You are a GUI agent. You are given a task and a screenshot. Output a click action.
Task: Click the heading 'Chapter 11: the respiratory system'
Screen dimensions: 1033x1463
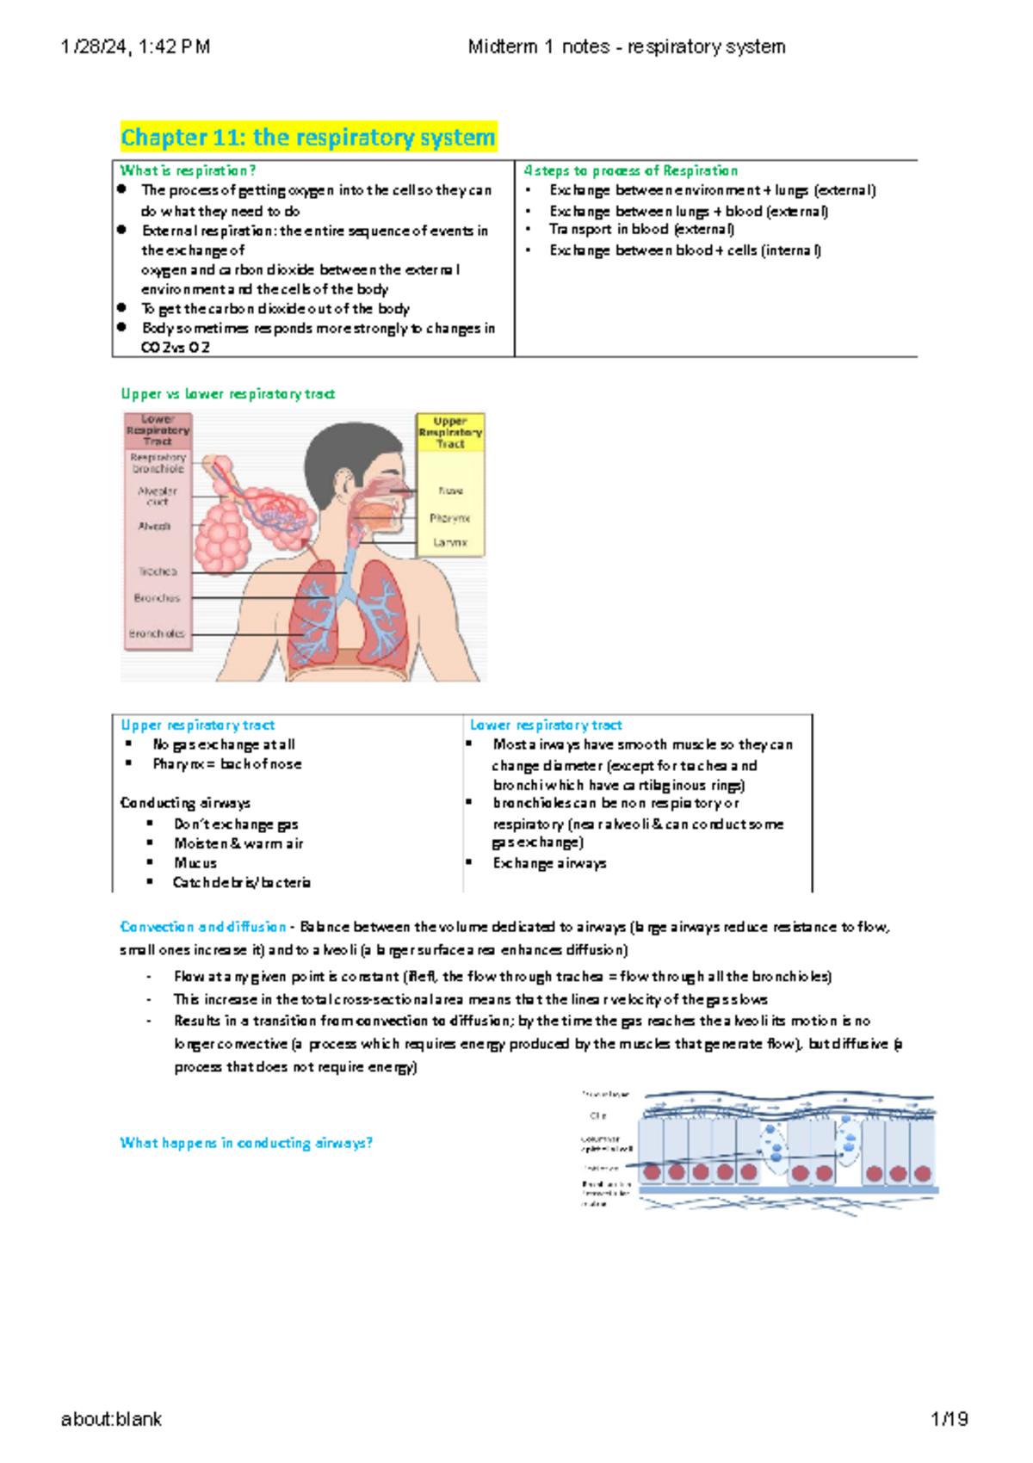pos(307,138)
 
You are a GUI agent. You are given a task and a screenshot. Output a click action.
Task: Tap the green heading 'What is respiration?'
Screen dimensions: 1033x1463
pos(188,170)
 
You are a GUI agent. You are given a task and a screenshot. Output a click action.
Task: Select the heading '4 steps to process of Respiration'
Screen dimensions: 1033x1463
pos(630,170)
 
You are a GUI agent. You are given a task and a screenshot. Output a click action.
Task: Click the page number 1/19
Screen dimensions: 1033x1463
pos(949,1419)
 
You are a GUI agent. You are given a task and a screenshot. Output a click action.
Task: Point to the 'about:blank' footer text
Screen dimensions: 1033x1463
pos(111,1419)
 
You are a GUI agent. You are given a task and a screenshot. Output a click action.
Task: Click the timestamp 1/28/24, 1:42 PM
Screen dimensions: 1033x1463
pos(135,47)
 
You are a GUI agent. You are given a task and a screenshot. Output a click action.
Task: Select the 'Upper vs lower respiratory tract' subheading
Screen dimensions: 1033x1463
pos(227,393)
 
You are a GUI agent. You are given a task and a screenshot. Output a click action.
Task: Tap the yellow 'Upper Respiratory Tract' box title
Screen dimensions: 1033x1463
pos(450,432)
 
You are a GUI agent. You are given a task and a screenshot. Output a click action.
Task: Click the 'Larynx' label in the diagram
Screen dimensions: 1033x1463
pos(450,543)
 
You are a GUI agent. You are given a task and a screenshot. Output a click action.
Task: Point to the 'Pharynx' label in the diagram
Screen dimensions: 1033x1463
pos(450,519)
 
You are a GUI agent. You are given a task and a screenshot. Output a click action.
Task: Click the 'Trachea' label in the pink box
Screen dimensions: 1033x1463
pos(158,571)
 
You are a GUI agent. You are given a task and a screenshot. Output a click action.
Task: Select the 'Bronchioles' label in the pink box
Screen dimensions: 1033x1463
pos(157,633)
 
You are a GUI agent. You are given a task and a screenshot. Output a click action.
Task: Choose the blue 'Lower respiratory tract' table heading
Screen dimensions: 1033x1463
pos(546,725)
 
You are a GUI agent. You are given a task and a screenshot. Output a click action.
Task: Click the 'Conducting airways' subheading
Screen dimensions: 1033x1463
pos(185,803)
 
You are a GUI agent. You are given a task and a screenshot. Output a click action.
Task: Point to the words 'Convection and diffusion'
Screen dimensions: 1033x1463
pos(203,927)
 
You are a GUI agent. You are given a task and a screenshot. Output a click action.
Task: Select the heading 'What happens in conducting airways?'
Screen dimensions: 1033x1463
pos(246,1143)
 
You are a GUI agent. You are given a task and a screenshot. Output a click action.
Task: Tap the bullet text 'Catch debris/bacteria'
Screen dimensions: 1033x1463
pos(242,882)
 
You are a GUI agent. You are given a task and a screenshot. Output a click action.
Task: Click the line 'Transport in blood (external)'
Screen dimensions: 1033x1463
pos(641,230)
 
